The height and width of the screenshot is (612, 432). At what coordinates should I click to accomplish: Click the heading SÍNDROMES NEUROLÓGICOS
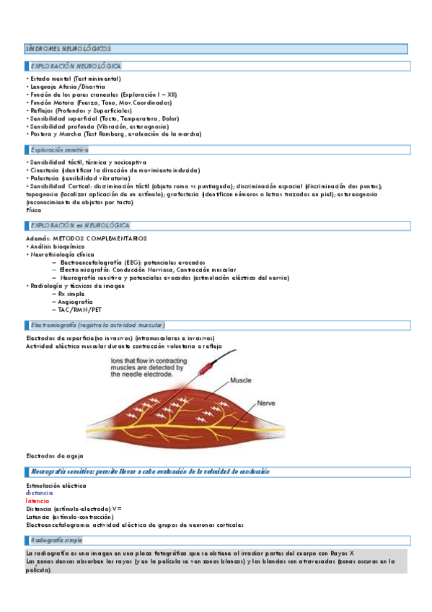coord(68,48)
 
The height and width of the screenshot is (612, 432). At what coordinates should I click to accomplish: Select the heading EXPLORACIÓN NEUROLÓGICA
coord(75,66)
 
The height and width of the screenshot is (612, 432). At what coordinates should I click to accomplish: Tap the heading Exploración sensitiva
coord(59,149)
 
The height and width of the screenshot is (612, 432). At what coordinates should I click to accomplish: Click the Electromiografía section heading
coord(97,325)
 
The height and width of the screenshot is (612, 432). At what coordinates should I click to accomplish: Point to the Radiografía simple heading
coord(56,540)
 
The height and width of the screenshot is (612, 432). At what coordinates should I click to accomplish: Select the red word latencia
coord(38,501)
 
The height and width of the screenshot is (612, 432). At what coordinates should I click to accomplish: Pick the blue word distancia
coord(39,493)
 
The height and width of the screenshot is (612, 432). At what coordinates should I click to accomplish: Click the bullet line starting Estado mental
coord(75,79)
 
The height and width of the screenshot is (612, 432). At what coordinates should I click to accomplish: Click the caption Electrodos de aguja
coord(55,456)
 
